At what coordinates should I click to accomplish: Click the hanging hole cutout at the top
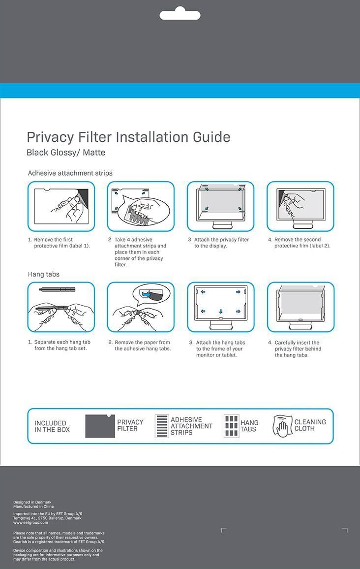pos(180,15)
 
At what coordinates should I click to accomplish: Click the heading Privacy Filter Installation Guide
pos(128,137)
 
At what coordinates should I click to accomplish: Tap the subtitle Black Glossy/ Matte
pos(66,153)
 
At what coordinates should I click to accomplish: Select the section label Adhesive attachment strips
pos(70,173)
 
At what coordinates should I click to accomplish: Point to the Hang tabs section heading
pos(43,274)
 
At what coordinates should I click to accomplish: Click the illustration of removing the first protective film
pos(61,206)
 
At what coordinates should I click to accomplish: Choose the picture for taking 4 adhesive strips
pos(141,206)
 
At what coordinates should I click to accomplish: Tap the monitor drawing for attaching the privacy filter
pos(220,206)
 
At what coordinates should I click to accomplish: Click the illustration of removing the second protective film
pos(300,206)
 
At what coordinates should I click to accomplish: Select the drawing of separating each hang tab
pos(61,307)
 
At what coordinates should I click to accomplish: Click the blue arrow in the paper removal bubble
pos(146,294)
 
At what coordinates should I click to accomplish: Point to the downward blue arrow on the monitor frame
pos(220,311)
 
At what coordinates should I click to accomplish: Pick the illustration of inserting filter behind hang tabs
pos(300,307)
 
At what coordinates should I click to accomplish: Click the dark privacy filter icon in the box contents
pos(100,426)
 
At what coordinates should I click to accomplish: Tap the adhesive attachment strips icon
pos(162,426)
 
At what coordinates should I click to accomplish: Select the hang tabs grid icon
pos(231,426)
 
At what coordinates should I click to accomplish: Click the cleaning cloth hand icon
pos(283,426)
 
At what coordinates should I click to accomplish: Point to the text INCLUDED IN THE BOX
pos(52,426)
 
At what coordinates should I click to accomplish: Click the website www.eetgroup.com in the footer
pos(30,523)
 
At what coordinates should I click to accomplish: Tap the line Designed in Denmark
pos(32,502)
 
